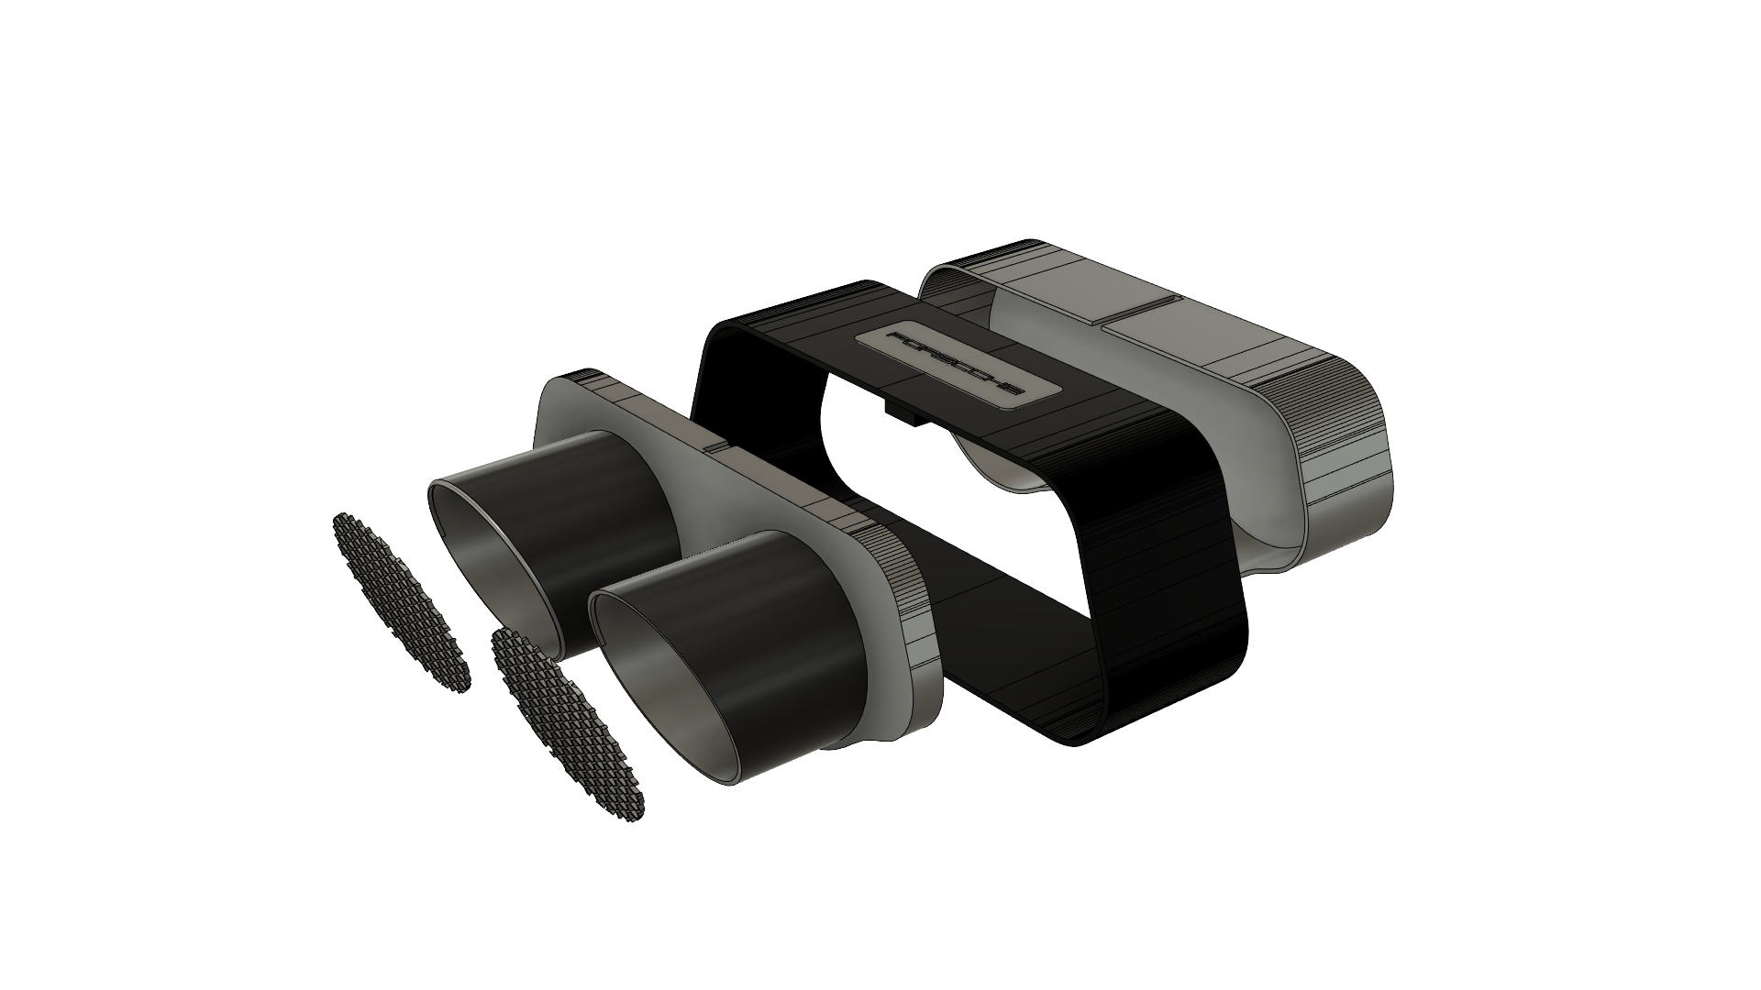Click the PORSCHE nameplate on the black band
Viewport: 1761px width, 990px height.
coord(954,363)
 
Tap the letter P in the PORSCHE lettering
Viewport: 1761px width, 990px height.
coord(898,341)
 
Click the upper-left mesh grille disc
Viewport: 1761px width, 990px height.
coord(400,601)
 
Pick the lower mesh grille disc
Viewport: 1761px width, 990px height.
coord(568,724)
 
